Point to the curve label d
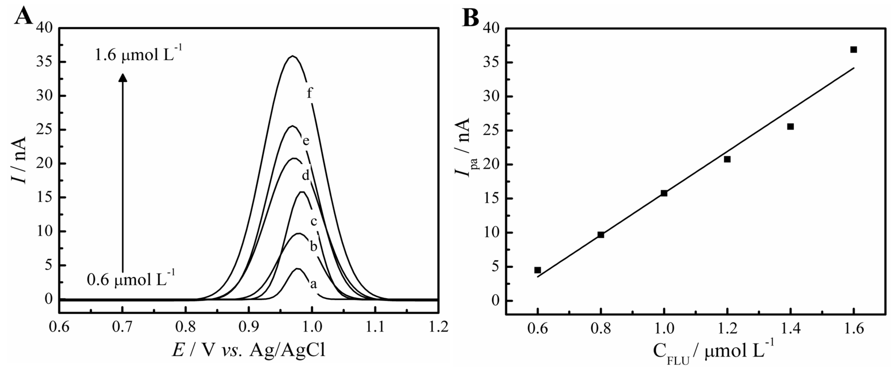(305, 176)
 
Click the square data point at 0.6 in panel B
(537, 270)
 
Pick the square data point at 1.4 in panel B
(790, 126)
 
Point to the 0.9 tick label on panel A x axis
(249, 328)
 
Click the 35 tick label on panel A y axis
(45, 62)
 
